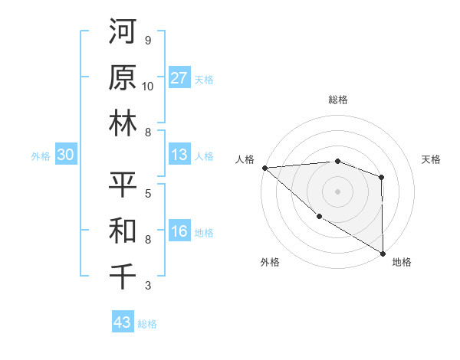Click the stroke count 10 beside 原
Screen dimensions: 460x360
[x=147, y=86]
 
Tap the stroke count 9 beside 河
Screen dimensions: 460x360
[x=147, y=41]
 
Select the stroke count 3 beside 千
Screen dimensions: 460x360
[x=147, y=286]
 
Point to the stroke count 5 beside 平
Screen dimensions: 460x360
[x=147, y=193]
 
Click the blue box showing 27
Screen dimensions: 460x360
[x=179, y=78]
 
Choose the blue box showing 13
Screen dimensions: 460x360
[x=179, y=155]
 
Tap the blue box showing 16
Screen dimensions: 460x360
[x=179, y=232]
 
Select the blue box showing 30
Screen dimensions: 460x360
[x=65, y=155]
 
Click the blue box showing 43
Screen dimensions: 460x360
[x=123, y=322]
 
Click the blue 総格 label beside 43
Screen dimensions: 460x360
[x=147, y=324]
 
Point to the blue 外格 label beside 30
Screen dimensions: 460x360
[x=41, y=156]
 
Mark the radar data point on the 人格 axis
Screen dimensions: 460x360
[x=264, y=167]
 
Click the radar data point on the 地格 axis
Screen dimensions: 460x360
[x=382, y=254]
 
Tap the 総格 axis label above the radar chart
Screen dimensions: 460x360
[x=337, y=100]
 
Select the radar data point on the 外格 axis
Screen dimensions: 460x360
[x=318, y=217]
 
